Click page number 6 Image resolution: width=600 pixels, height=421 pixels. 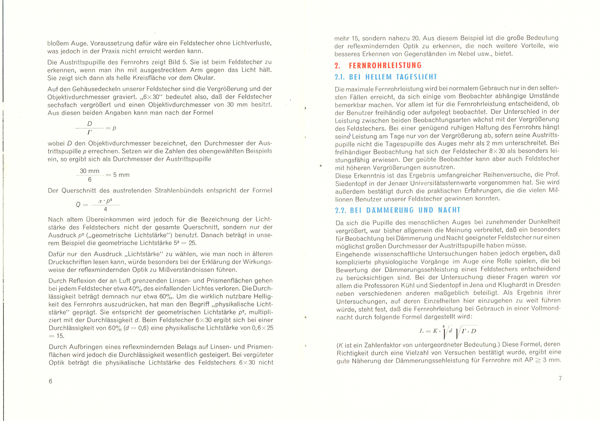(x=50, y=381)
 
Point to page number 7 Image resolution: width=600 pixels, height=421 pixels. (x=560, y=378)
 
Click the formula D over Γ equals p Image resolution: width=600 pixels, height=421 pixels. (x=96, y=128)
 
